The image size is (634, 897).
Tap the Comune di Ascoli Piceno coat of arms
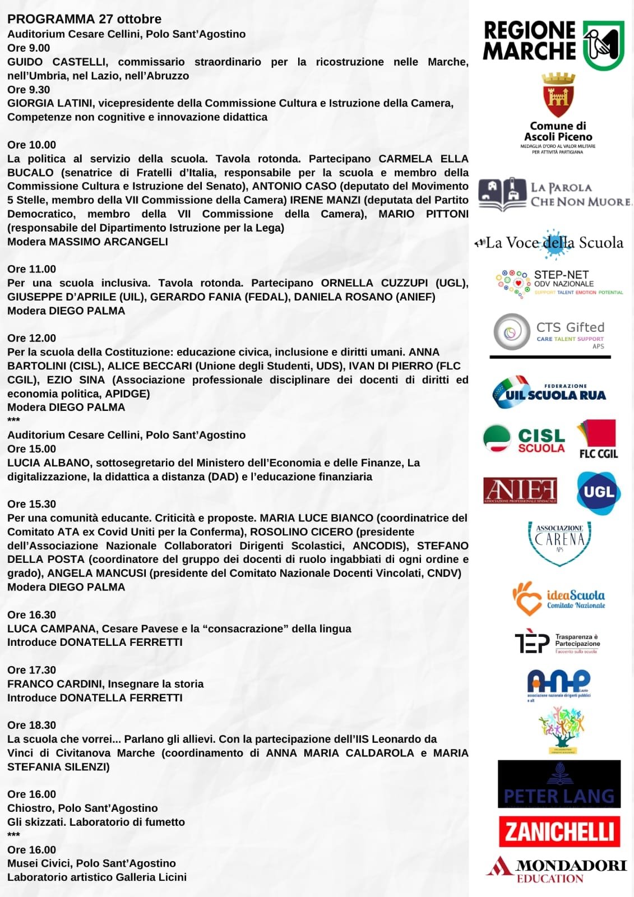point(558,95)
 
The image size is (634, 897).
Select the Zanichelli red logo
point(559,831)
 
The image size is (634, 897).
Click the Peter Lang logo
point(559,784)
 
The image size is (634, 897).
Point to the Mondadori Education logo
point(557,870)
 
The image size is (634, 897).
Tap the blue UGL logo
point(599,492)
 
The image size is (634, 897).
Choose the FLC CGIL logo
point(598,439)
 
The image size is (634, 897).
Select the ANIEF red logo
point(520,491)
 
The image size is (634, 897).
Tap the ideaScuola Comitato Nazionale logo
point(558,599)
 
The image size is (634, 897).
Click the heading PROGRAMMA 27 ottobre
point(84,19)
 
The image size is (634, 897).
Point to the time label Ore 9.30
point(29,90)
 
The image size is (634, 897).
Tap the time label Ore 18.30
point(31,725)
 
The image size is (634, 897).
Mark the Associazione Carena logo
point(559,542)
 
